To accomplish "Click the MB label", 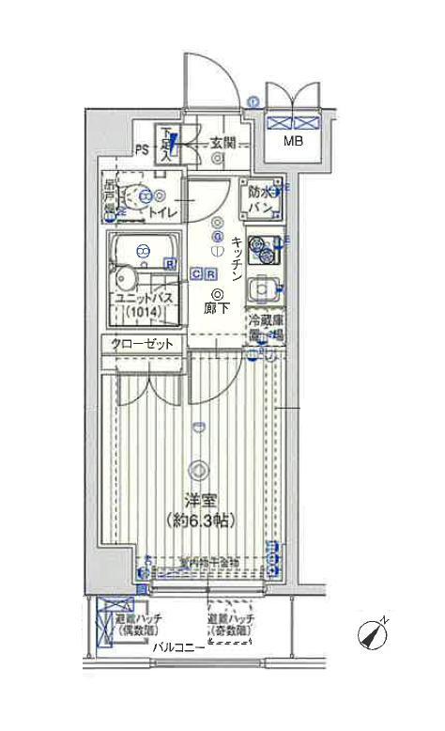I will click(x=295, y=142).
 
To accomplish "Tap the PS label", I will click(x=142, y=148).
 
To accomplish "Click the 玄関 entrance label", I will click(x=222, y=144).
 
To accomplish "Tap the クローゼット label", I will click(x=143, y=344).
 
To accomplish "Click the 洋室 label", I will click(x=197, y=503).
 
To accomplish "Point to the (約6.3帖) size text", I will click(x=197, y=520).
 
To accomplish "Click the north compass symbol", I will click(x=373, y=636).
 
